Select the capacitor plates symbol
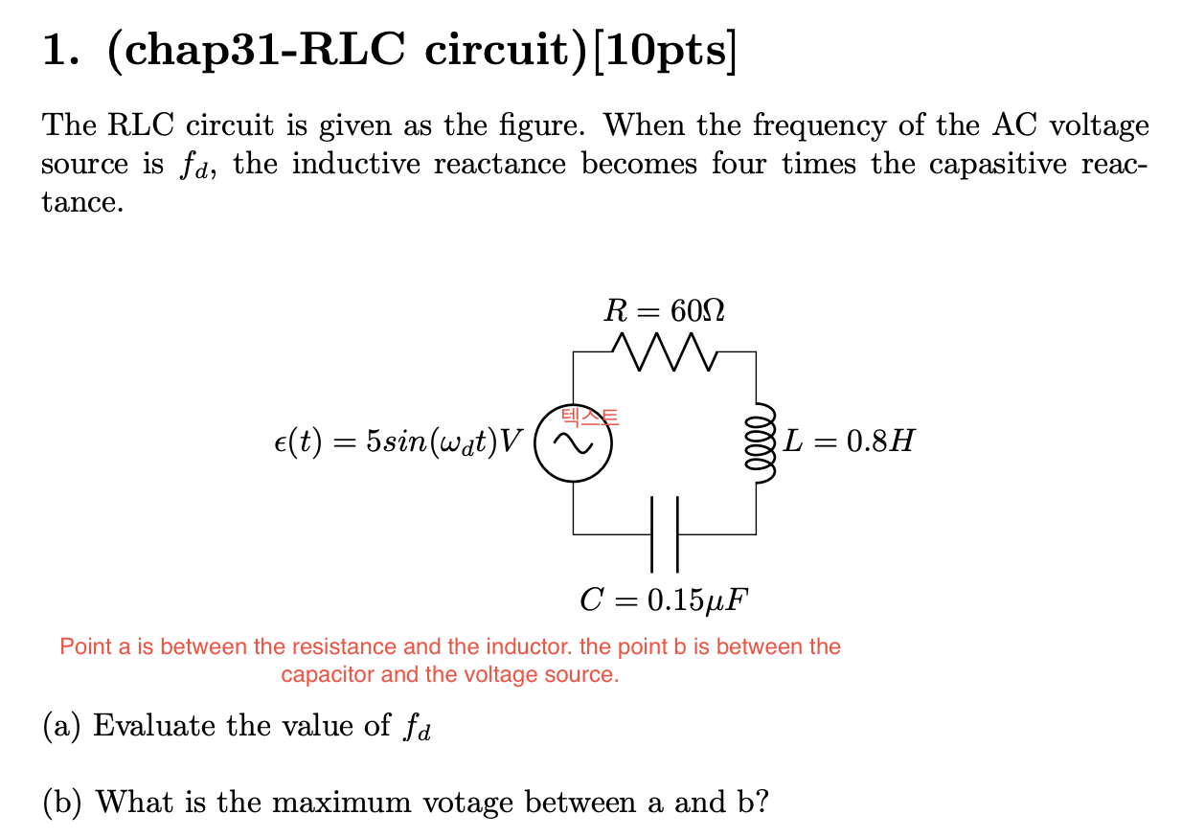(664, 532)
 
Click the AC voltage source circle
(573, 441)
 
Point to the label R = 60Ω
(664, 309)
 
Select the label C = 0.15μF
(664, 600)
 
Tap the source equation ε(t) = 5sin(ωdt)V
(398, 442)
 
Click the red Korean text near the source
(590, 417)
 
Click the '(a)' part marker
(61, 726)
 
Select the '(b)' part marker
(62, 801)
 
